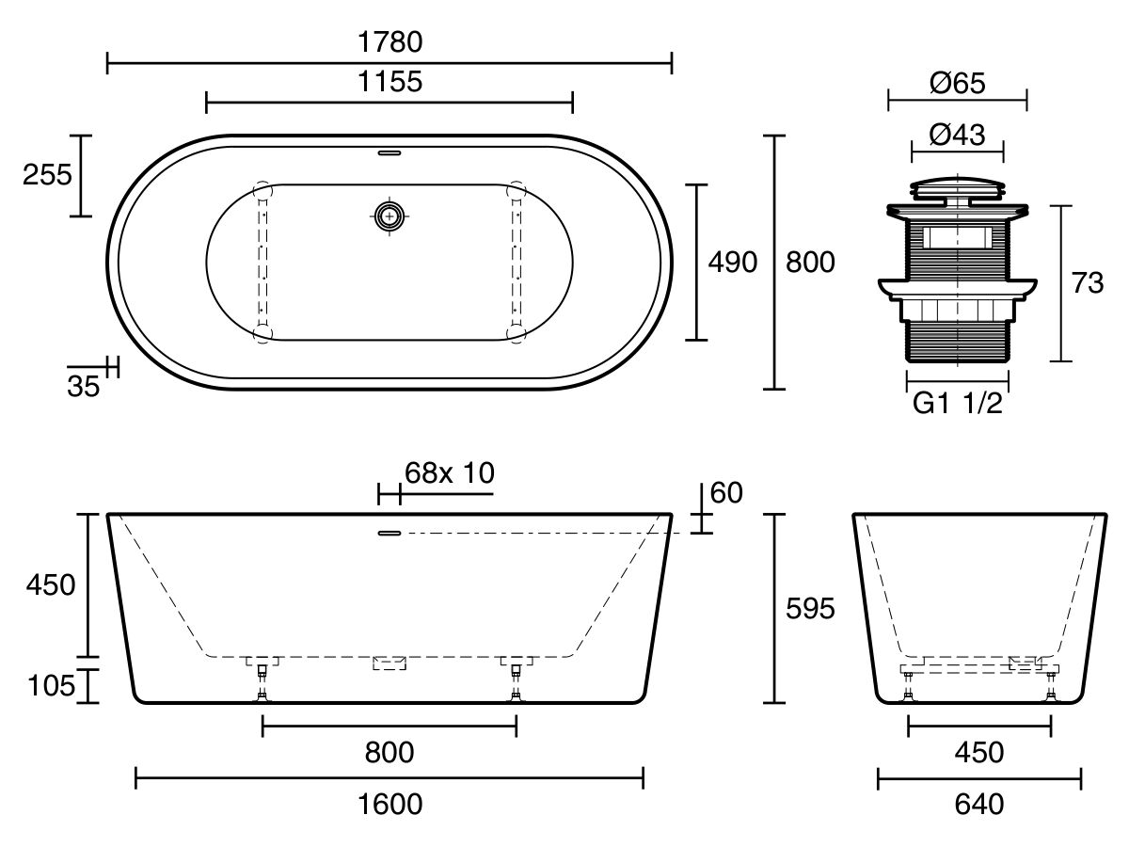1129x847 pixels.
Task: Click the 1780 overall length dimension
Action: [390, 42]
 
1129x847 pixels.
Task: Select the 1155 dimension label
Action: [390, 82]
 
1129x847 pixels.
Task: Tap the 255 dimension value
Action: [47, 175]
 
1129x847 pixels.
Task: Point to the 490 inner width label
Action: [732, 263]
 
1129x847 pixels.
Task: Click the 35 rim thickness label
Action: [84, 385]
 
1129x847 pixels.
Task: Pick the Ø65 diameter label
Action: [957, 84]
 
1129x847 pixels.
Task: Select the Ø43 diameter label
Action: [957, 136]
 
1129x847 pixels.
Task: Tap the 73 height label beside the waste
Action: [1088, 282]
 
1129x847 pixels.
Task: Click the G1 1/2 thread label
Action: [957, 404]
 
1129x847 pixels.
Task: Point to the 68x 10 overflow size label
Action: [449, 472]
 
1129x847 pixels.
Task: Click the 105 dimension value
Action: [51, 686]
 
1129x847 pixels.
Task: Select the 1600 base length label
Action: [390, 805]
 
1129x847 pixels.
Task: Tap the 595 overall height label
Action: [810, 609]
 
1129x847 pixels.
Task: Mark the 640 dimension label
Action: [978, 805]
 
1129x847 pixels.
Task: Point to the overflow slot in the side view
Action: [390, 534]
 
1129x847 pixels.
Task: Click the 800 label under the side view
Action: [390, 752]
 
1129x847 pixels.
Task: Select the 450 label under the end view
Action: [978, 752]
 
